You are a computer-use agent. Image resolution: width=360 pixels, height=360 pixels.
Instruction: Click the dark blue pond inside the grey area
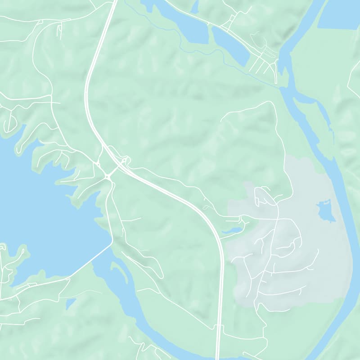pyautogui.click(x=326, y=211)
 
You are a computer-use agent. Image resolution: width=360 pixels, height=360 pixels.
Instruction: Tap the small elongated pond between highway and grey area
pyautogui.click(x=232, y=230)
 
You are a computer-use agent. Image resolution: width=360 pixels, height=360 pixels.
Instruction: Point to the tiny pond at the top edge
pyautogui.click(x=195, y=7)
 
